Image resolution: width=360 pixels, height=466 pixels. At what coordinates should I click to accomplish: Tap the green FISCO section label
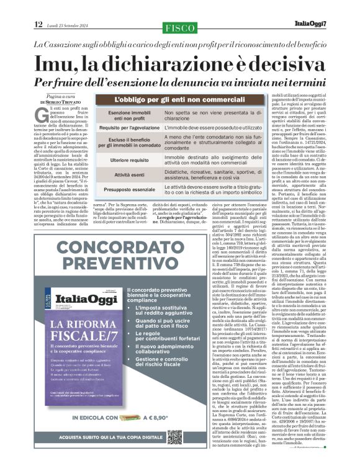pos(180,27)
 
